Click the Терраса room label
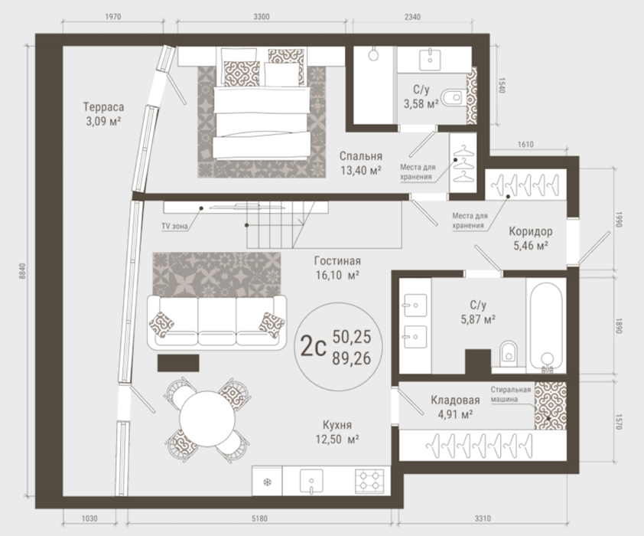(x=103, y=114)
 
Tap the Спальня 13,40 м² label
(x=360, y=163)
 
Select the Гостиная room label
(x=337, y=268)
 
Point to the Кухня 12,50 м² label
(x=337, y=432)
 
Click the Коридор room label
(x=531, y=238)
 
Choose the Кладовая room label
(x=455, y=407)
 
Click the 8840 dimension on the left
(x=22, y=271)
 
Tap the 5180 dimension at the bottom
(x=259, y=518)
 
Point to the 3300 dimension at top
(x=262, y=17)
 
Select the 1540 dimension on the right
(x=501, y=85)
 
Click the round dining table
(x=207, y=419)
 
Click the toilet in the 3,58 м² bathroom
(x=452, y=98)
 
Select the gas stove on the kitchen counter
(x=369, y=481)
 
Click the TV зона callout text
(x=174, y=226)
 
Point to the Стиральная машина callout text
(x=510, y=394)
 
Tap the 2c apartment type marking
(x=313, y=347)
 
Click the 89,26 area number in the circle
(x=352, y=358)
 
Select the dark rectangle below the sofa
(x=178, y=363)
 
